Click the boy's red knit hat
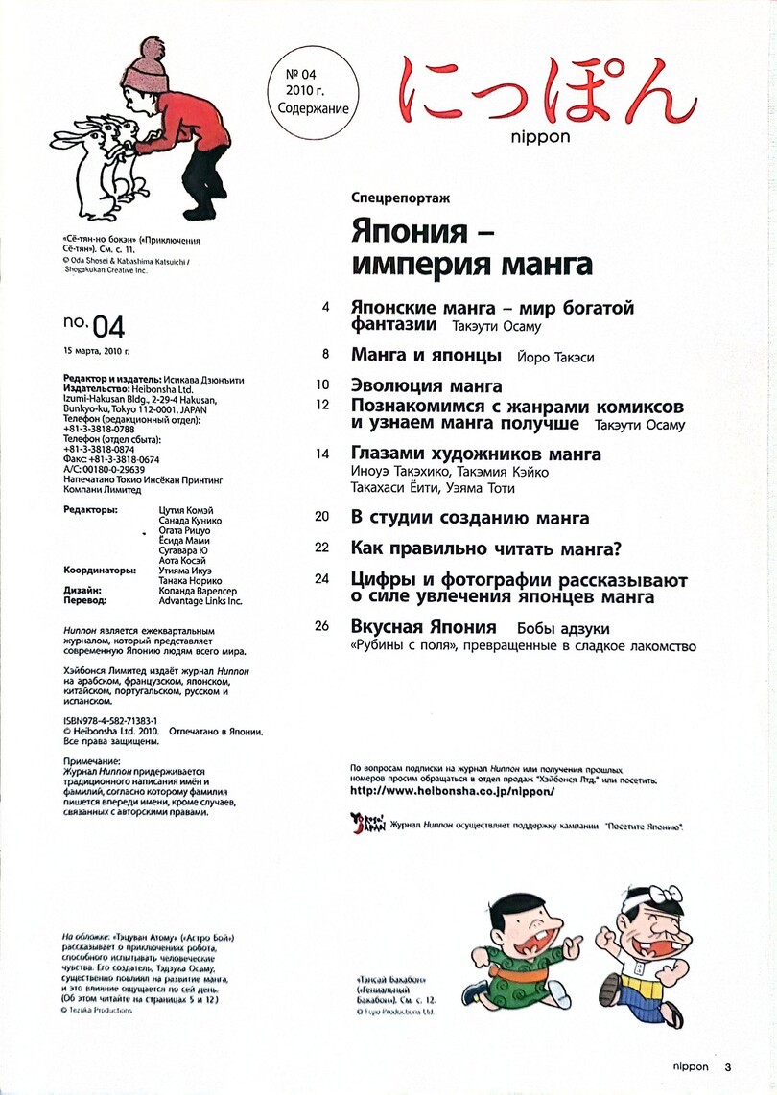[x=146, y=62]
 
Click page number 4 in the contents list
[x=326, y=308]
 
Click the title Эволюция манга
[x=427, y=386]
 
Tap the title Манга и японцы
[x=427, y=356]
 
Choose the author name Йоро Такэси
[x=555, y=358]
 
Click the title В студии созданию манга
[x=470, y=519]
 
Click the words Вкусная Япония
[x=423, y=627]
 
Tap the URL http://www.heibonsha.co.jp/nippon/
[x=454, y=792]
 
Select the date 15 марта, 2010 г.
[x=95, y=352]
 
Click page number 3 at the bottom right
[x=728, y=1066]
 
